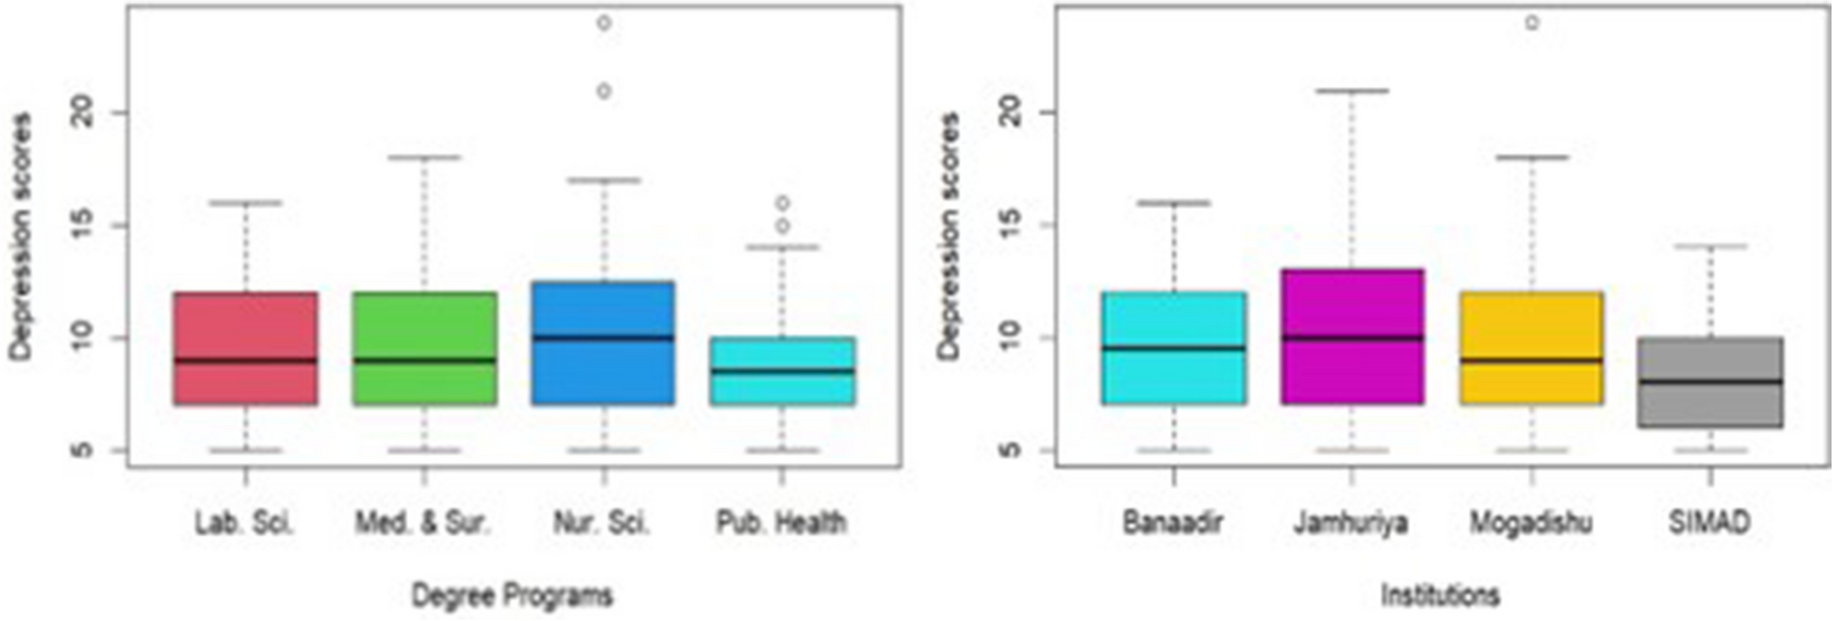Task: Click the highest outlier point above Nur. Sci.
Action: click(603, 23)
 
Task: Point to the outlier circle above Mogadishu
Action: click(1531, 23)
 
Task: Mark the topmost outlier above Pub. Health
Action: click(782, 203)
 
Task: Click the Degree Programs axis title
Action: click(512, 596)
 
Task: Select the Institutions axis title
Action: click(1440, 596)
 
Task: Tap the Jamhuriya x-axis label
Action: click(1351, 523)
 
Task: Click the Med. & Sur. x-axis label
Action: click(424, 523)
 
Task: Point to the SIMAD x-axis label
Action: click(1709, 523)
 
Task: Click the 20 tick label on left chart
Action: click(84, 113)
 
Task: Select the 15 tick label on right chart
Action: click(1011, 226)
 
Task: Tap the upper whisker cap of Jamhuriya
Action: click(1351, 91)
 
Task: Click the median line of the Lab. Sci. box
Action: click(245, 360)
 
